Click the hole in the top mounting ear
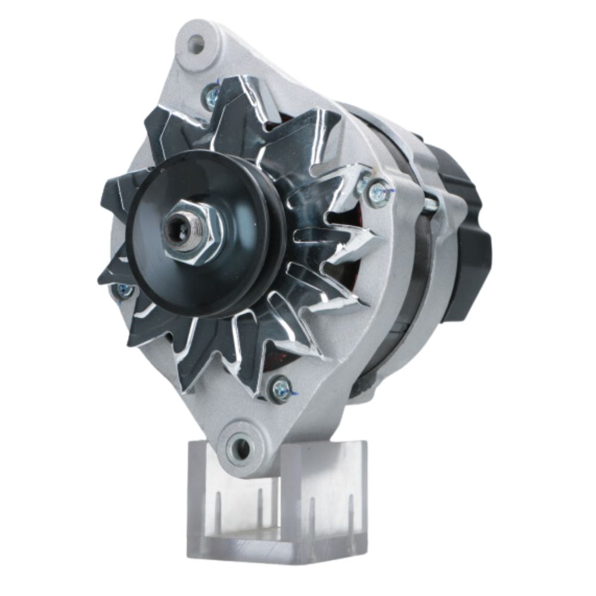(x=195, y=43)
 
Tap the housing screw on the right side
(x=379, y=194)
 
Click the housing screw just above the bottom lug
(x=281, y=389)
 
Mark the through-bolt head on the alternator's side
(x=431, y=204)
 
